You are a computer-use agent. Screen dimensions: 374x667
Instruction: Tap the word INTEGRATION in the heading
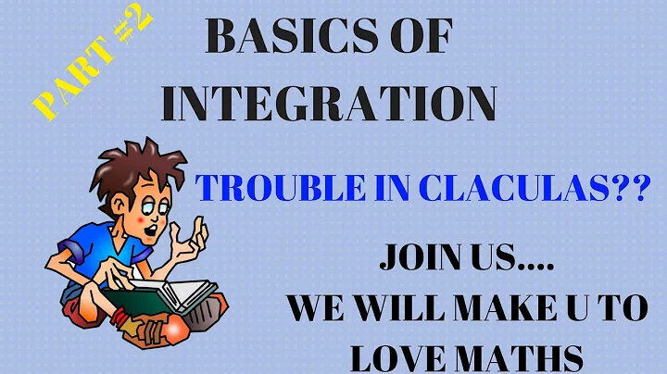point(330,103)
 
